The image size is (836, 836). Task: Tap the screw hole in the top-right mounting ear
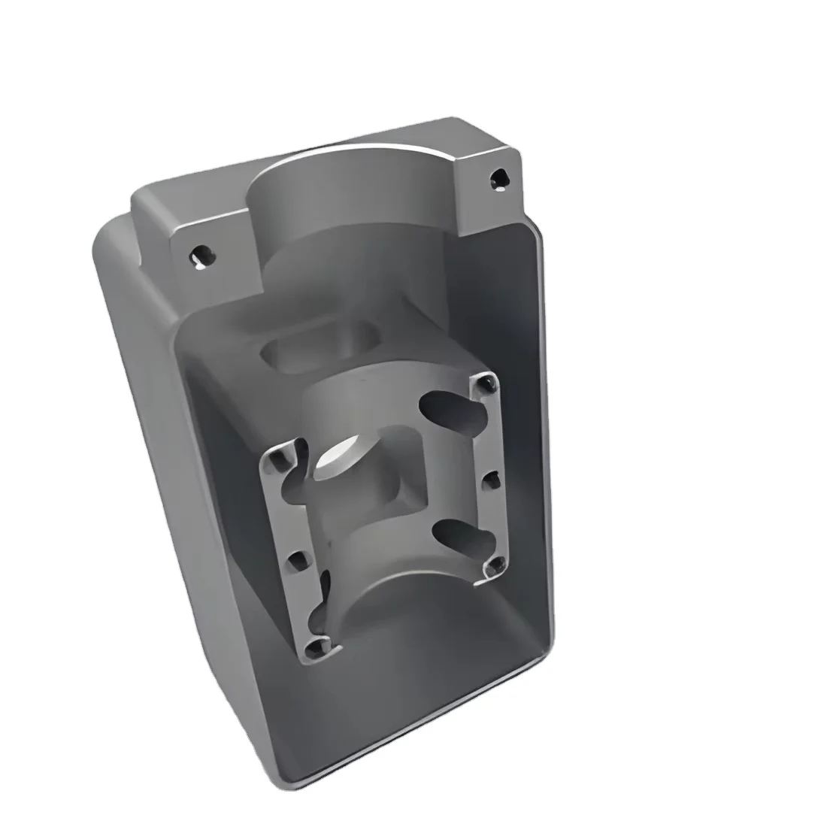(497, 179)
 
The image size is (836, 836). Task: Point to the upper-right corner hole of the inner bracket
(487, 386)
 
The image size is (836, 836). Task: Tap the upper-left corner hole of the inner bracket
(282, 457)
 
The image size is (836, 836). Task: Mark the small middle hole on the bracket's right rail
(492, 478)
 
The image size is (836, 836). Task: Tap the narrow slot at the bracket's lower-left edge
(325, 594)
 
